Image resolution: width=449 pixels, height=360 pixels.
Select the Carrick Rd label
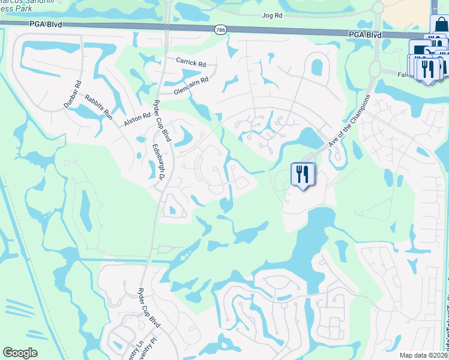click(191, 62)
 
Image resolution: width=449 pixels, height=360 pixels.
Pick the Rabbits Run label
click(98, 107)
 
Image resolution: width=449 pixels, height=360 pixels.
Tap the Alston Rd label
click(137, 118)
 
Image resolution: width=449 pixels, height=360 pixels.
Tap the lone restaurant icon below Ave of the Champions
click(302, 175)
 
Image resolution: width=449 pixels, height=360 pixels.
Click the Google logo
click(20, 353)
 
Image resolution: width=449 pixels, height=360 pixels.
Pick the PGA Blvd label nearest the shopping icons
click(365, 35)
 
